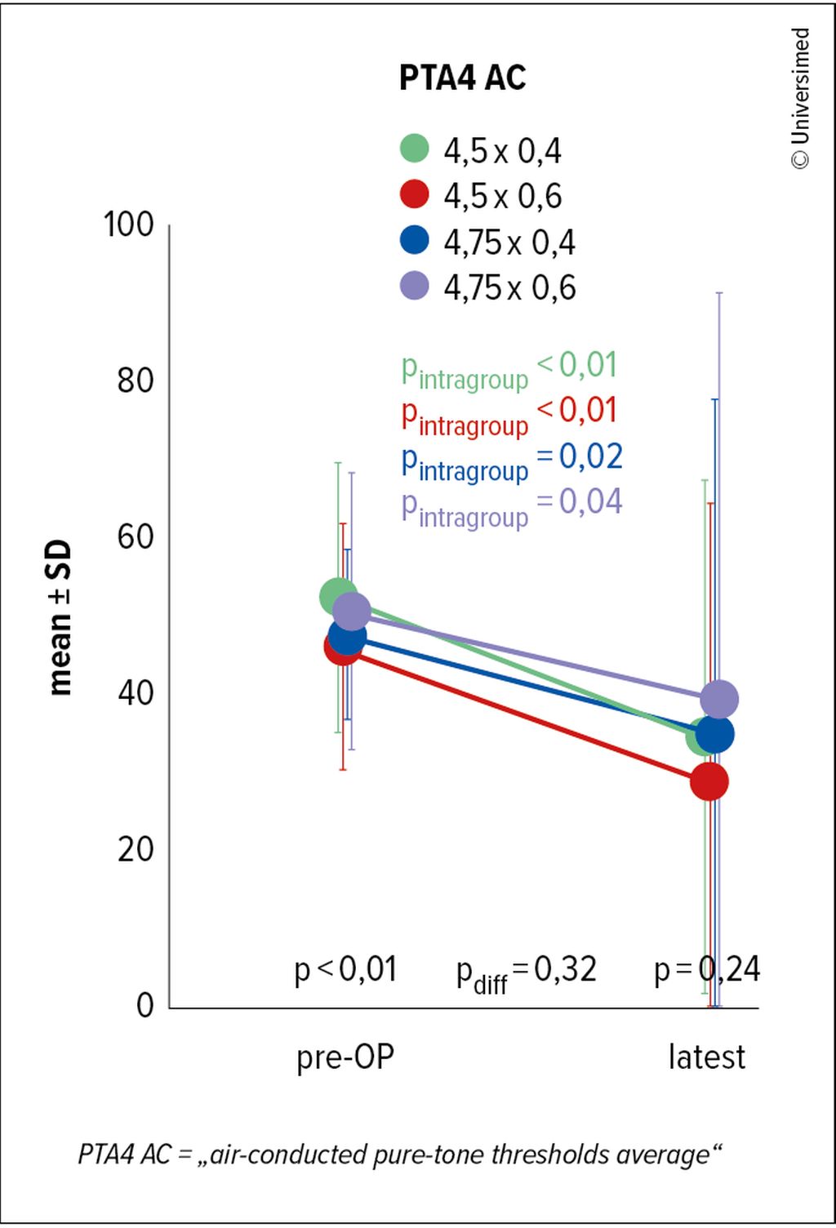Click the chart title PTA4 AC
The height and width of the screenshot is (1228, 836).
[x=462, y=78]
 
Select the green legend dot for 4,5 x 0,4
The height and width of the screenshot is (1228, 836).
[x=415, y=149]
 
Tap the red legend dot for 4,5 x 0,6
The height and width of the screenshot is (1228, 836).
[x=415, y=194]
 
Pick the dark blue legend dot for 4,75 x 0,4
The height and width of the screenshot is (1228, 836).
[x=415, y=240]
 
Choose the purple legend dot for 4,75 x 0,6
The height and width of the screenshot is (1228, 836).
[x=415, y=286]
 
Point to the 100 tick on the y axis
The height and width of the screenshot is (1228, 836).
[x=129, y=225]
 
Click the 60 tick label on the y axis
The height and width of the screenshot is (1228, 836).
[x=136, y=537]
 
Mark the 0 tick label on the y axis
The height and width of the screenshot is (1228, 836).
[x=145, y=1005]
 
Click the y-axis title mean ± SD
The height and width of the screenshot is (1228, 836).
[x=60, y=618]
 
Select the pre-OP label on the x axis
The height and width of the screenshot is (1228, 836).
[x=345, y=1057]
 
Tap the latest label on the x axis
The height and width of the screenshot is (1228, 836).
[x=707, y=1057]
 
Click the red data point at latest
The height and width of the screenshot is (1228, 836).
[x=709, y=781]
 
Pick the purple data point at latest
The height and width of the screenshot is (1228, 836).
[x=719, y=699]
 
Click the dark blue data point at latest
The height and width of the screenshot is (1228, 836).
[x=715, y=734]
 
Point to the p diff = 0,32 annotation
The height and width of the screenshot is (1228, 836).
[x=527, y=972]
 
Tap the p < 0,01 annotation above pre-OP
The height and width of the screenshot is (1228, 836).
[x=345, y=970]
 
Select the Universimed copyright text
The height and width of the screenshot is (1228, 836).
[x=801, y=98]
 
